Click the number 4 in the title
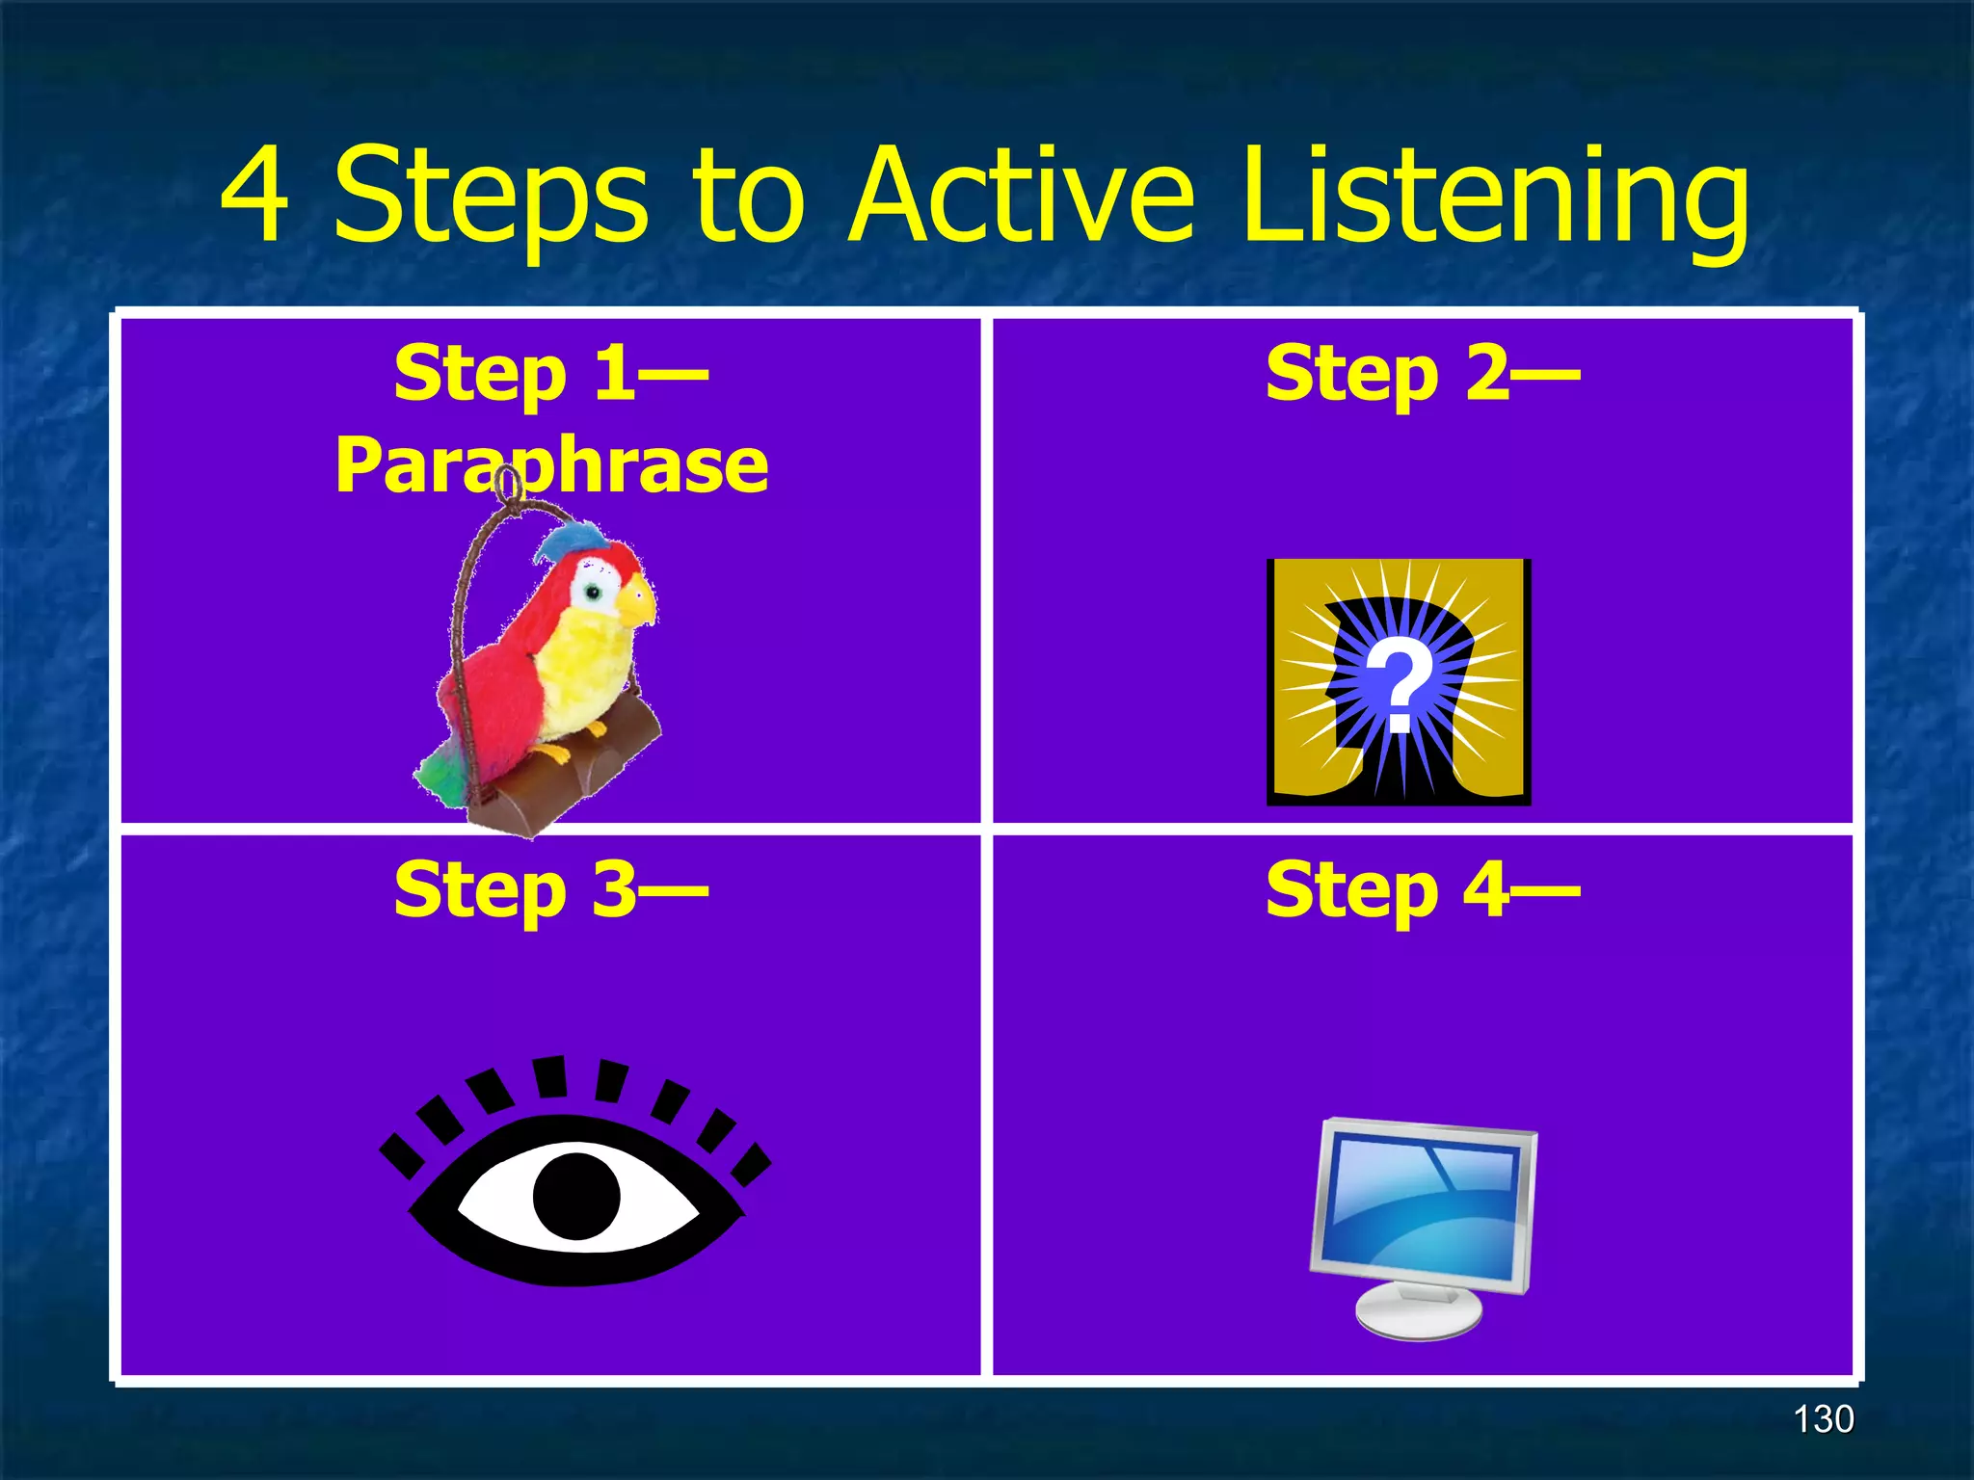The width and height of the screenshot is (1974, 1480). (x=253, y=196)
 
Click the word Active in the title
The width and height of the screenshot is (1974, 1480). (x=1022, y=196)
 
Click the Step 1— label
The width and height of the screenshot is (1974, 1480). (x=550, y=376)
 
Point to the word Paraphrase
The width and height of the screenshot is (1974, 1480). (x=550, y=466)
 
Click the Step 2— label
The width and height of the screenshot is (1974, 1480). (x=1422, y=376)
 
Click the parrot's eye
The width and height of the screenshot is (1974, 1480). (x=594, y=591)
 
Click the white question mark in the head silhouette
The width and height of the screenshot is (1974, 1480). (x=1400, y=687)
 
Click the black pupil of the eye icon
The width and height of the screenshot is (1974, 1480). (x=576, y=1196)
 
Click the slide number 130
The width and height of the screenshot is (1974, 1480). (x=1823, y=1419)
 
